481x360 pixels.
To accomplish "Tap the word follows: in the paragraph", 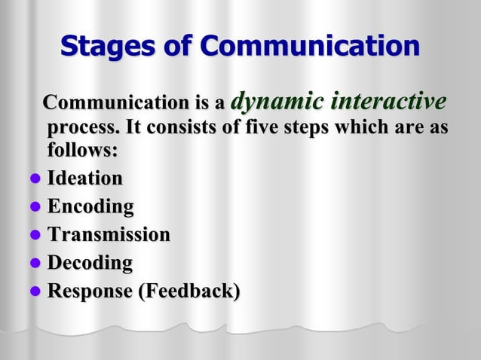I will pos(82,149).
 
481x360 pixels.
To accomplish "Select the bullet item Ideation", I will pos(84,178).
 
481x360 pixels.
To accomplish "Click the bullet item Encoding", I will pos(90,206).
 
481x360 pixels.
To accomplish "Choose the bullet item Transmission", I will pos(109,234).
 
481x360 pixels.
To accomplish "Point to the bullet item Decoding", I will pos(90,263).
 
